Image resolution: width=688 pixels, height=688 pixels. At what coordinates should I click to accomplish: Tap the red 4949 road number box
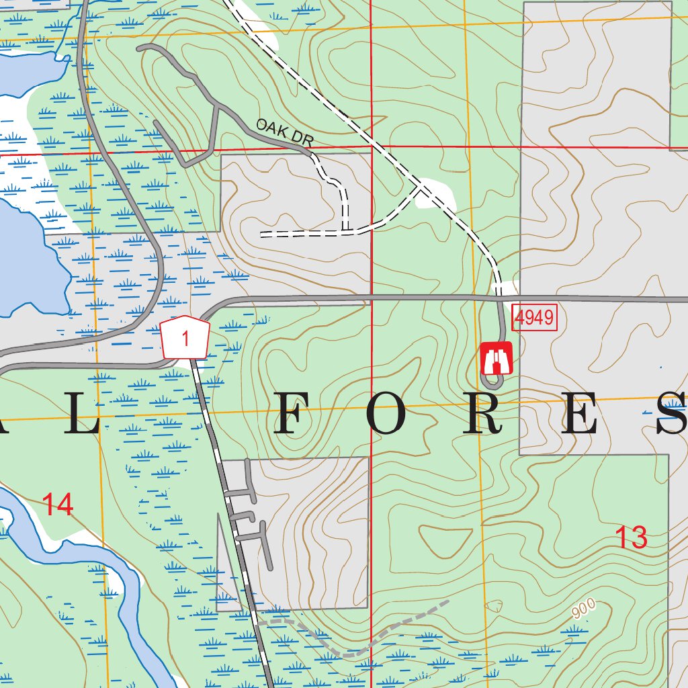(535, 317)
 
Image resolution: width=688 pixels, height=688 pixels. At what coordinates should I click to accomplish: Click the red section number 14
(58, 505)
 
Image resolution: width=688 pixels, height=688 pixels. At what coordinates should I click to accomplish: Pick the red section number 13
(632, 537)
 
